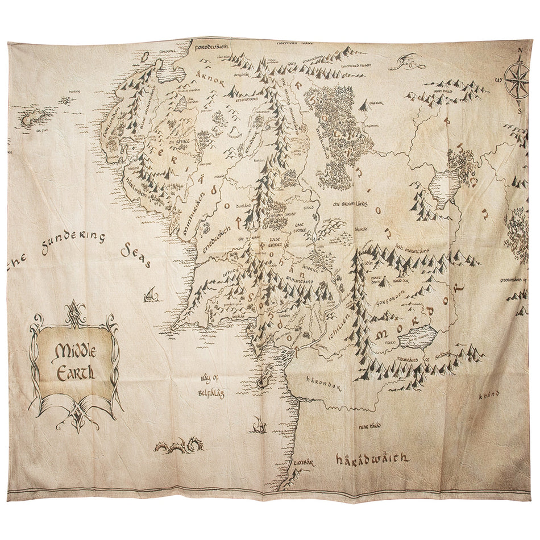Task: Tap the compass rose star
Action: tap(516, 80)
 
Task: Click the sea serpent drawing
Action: tap(178, 445)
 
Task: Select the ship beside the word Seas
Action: tap(151, 294)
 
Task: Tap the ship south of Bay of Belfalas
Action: tap(259, 424)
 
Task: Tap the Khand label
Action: tap(488, 393)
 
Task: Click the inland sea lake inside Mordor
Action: tap(417, 337)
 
